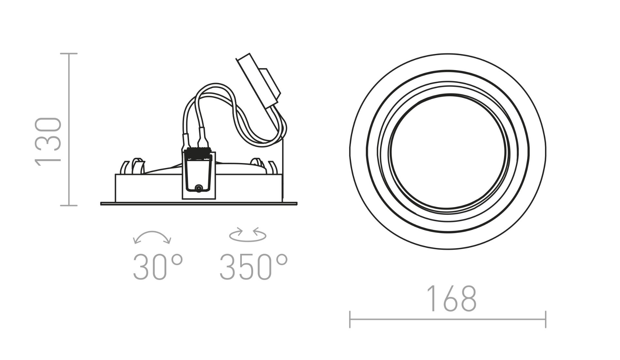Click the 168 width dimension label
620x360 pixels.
coord(451,298)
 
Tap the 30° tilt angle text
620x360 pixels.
coord(158,266)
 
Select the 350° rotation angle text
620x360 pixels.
coord(253,266)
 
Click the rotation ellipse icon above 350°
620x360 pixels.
coord(248,235)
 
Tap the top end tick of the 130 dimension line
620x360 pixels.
coord(69,54)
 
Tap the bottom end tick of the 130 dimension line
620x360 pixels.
coord(69,205)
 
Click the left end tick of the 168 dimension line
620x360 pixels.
coord(350,320)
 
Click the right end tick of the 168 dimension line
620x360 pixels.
coord(545,320)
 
